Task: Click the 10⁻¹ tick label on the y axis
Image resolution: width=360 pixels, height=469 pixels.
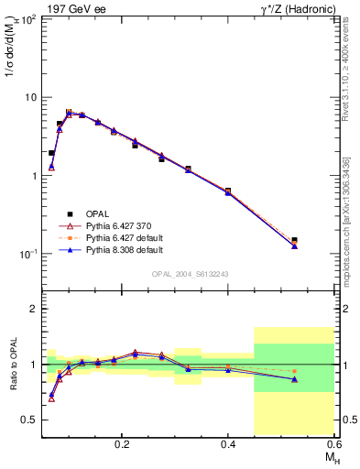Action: [x=27, y=254]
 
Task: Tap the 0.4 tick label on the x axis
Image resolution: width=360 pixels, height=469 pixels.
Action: [x=228, y=443]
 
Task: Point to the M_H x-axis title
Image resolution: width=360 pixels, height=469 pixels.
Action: [x=326, y=457]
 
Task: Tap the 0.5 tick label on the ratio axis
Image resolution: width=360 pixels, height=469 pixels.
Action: [x=30, y=420]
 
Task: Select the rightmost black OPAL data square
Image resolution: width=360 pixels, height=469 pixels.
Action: [x=294, y=241]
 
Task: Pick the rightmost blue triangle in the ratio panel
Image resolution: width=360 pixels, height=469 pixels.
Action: [x=294, y=379]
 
